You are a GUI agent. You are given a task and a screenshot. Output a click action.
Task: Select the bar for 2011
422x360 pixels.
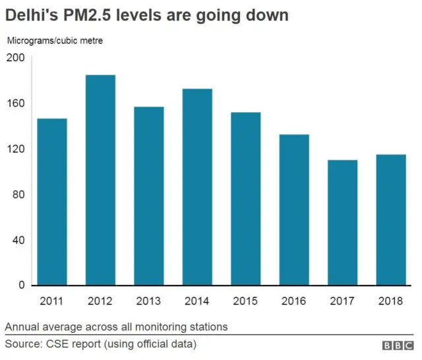tap(52, 201)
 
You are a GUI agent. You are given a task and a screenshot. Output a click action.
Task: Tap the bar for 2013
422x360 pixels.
tap(149, 195)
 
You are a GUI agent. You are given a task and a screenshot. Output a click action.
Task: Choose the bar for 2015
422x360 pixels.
tap(245, 198)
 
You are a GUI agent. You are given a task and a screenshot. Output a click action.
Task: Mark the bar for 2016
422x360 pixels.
tap(294, 209)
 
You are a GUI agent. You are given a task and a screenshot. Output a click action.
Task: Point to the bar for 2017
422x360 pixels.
tap(342, 222)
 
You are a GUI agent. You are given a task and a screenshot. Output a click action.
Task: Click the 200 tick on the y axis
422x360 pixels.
tap(15, 58)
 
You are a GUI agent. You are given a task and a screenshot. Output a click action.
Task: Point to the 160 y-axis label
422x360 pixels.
tap(15, 104)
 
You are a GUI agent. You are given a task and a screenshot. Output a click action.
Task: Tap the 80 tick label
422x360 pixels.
tap(18, 195)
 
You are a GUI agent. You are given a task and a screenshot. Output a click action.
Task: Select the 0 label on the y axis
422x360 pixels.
tap(21, 285)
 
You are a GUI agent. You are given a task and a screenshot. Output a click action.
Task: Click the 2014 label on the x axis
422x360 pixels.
tap(197, 301)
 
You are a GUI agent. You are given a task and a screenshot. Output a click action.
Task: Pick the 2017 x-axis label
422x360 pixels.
tap(342, 301)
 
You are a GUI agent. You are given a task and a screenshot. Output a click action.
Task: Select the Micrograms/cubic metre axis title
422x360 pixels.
tap(55, 41)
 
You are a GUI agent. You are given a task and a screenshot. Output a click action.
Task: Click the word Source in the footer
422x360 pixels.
tap(22, 344)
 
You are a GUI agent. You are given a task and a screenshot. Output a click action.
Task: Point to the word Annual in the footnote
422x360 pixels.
tap(22, 326)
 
